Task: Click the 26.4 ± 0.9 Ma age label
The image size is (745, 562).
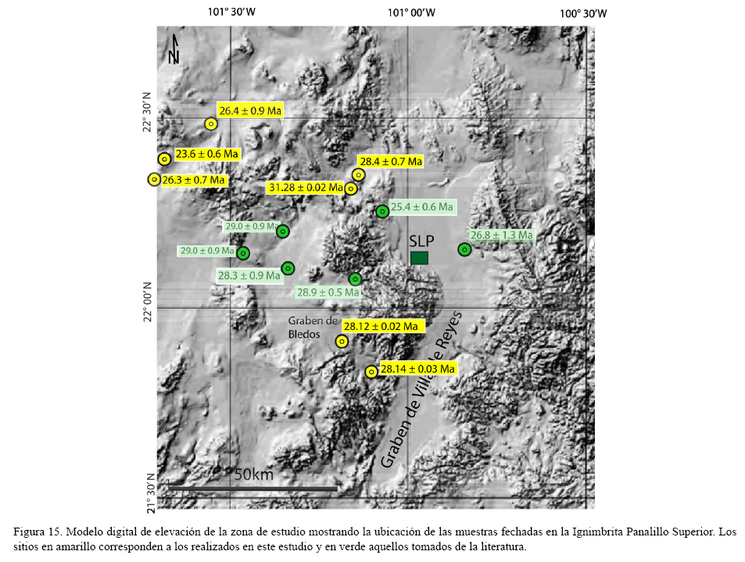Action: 249,111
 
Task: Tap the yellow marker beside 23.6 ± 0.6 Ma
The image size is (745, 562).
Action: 164,159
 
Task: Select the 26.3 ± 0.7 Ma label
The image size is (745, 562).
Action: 194,181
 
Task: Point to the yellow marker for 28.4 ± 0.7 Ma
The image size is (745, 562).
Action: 358,174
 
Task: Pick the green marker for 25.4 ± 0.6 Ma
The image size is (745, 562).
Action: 382,211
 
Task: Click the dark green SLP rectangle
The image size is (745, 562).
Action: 419,258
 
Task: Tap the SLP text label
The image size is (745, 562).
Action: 421,241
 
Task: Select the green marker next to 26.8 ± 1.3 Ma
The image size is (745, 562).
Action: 464,249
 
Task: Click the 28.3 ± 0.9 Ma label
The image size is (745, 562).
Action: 249,275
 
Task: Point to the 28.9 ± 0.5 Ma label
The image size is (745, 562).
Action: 328,292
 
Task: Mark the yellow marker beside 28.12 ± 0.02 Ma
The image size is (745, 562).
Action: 342,341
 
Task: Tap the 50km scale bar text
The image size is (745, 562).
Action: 253,474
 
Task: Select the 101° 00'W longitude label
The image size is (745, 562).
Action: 411,13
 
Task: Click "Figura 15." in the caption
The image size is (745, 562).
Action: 38,532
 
